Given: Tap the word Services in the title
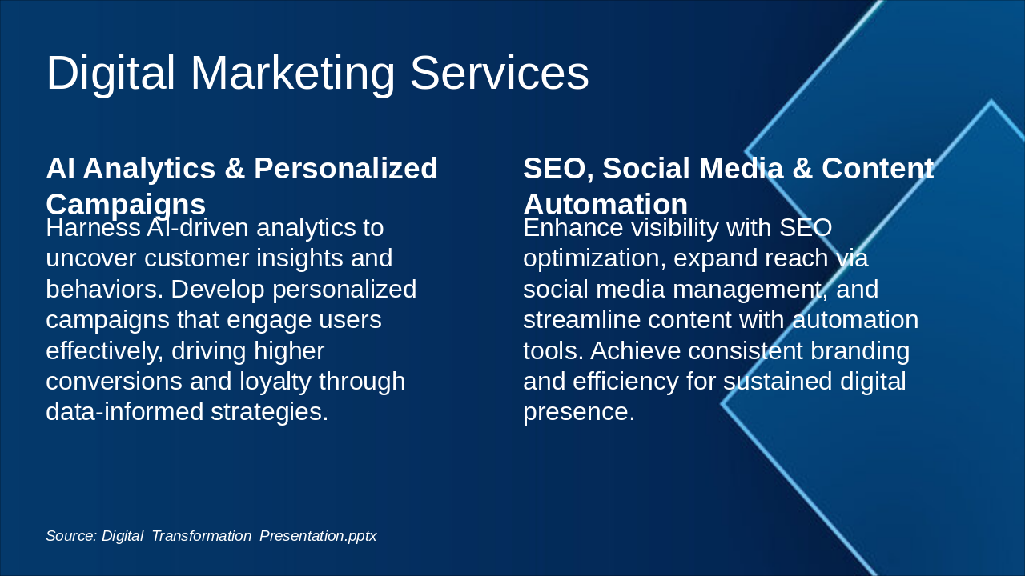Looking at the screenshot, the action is pyautogui.click(x=499, y=73).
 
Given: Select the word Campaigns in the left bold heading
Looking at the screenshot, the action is pyautogui.click(x=126, y=206).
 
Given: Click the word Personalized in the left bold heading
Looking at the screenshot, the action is pyautogui.click(x=346, y=169).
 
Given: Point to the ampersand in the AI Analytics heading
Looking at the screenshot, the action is pyautogui.click(x=235, y=168).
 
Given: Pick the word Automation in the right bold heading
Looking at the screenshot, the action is pyautogui.click(x=605, y=204).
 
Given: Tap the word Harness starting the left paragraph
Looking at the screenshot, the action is pyautogui.click(x=93, y=228).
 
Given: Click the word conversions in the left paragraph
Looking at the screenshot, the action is pyautogui.click(x=114, y=382).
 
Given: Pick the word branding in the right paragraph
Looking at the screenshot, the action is pyautogui.click(x=860, y=351).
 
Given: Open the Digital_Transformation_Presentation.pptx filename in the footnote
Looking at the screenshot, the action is pyautogui.click(x=239, y=536).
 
